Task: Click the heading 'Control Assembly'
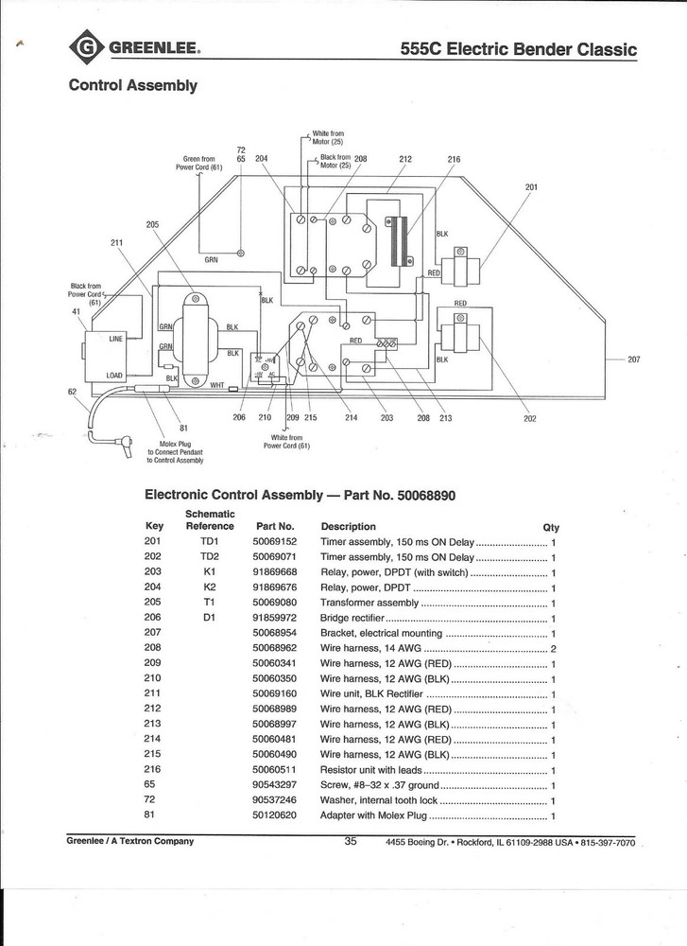[x=132, y=86]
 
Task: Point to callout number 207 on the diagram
[x=634, y=359]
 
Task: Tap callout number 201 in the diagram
[x=531, y=186]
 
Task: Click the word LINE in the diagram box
[x=116, y=338]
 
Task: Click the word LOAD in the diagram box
[x=115, y=376]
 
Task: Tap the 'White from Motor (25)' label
[x=328, y=138]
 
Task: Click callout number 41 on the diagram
[x=77, y=311]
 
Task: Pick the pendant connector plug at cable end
[x=124, y=443]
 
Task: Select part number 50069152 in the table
[x=275, y=542]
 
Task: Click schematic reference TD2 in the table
[x=209, y=557]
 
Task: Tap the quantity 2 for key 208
[x=553, y=648]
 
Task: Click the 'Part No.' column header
[x=275, y=526]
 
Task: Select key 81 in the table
[x=149, y=815]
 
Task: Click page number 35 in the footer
[x=350, y=841]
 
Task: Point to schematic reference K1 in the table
[x=209, y=572]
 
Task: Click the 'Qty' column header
[x=550, y=527]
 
